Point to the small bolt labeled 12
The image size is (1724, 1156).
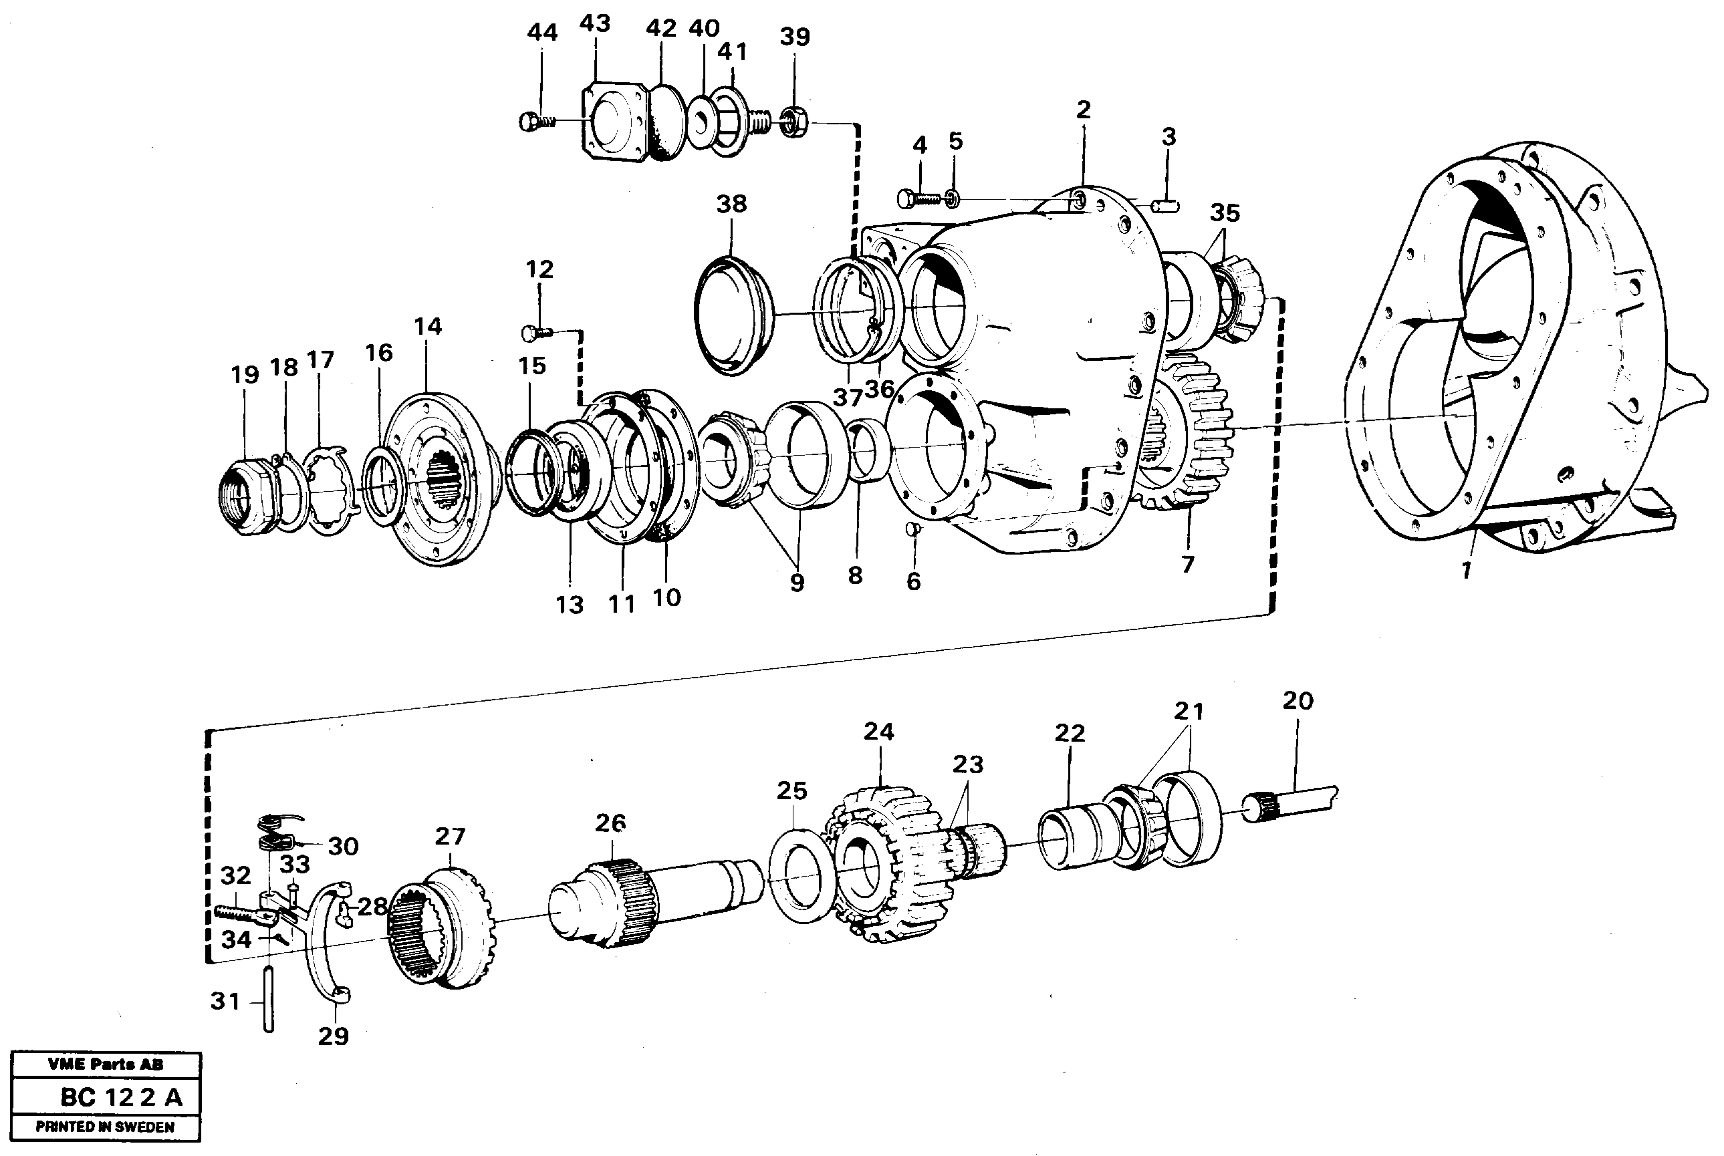(535, 333)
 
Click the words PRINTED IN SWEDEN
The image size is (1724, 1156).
(106, 1127)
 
